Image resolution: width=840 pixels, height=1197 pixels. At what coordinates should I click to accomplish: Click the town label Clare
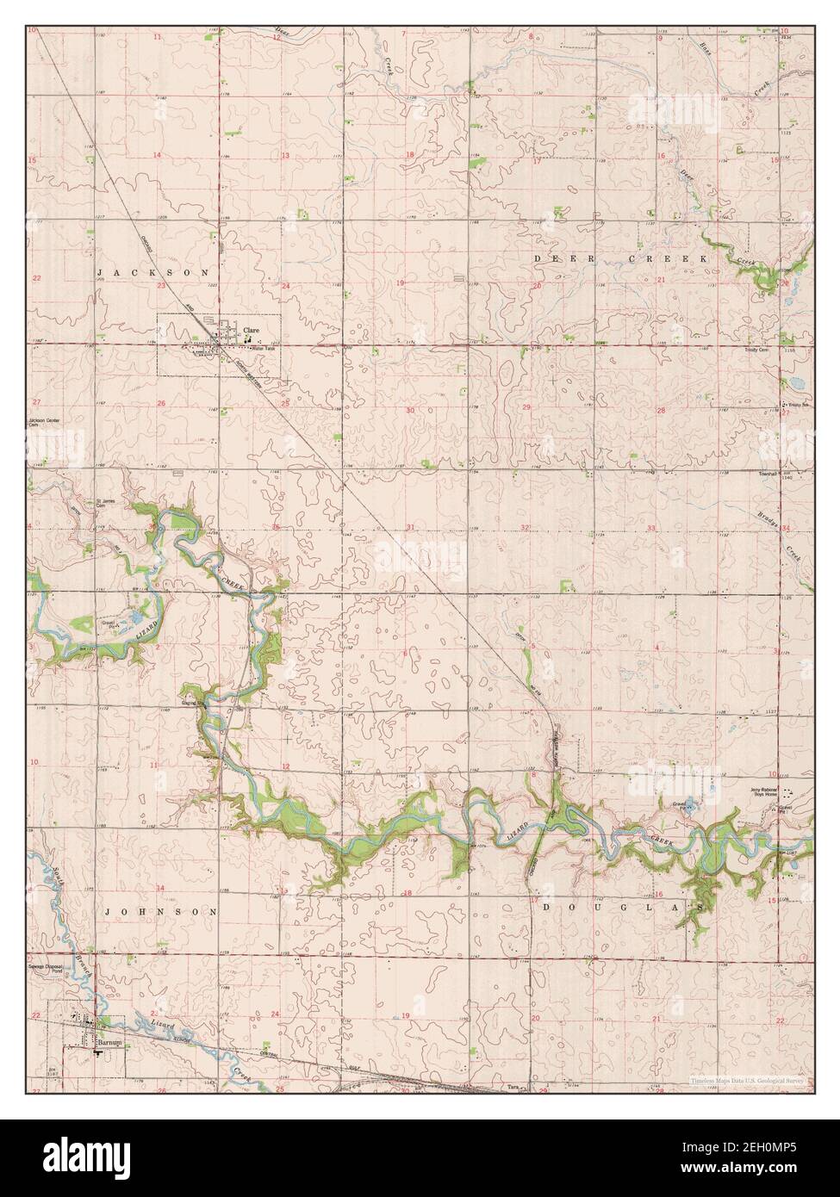(251, 329)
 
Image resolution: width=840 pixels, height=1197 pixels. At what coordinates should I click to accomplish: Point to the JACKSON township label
(153, 272)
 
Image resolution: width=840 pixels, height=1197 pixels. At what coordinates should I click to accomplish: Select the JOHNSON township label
(159, 910)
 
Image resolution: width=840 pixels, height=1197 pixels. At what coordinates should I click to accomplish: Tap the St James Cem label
(103, 504)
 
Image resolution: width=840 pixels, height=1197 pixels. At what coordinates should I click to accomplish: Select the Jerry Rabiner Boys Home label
(764, 792)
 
